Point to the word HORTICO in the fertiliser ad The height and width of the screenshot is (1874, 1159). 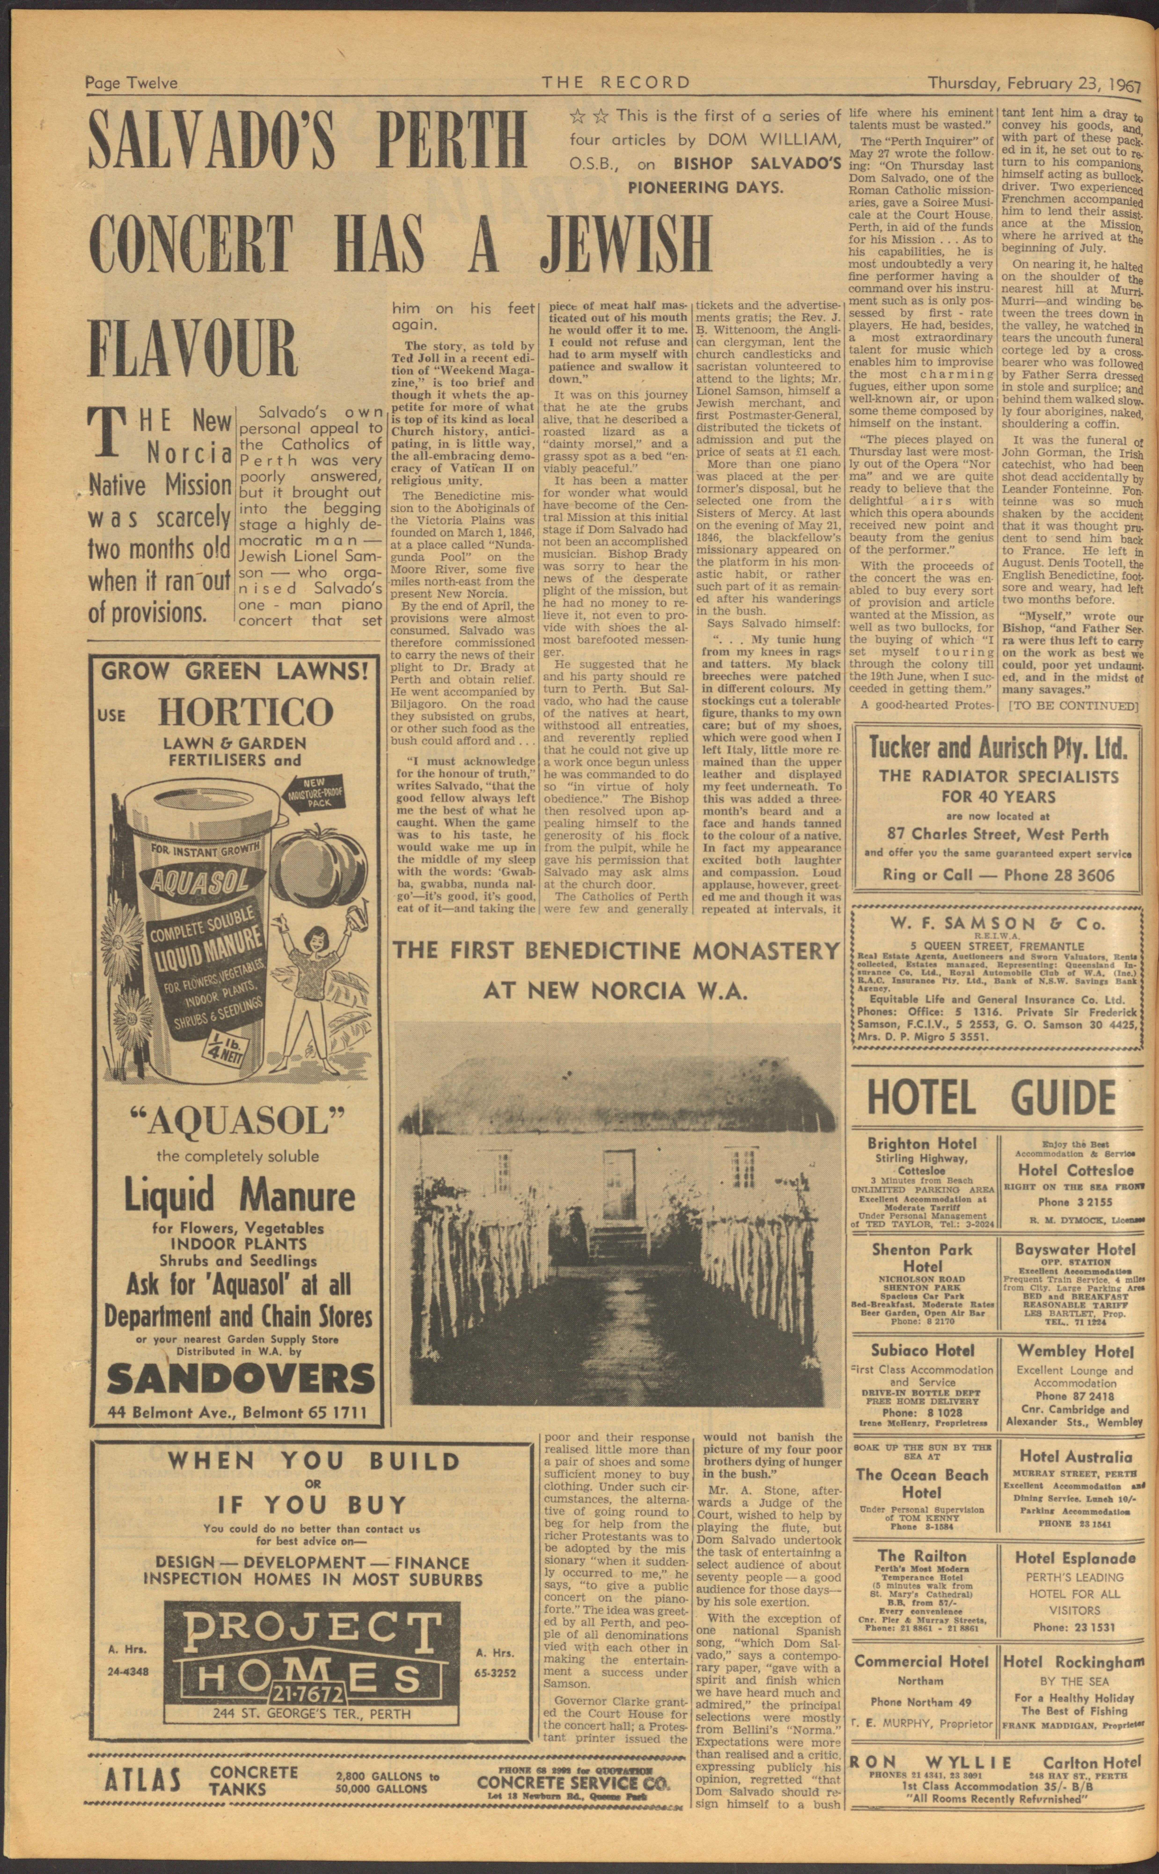245,713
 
